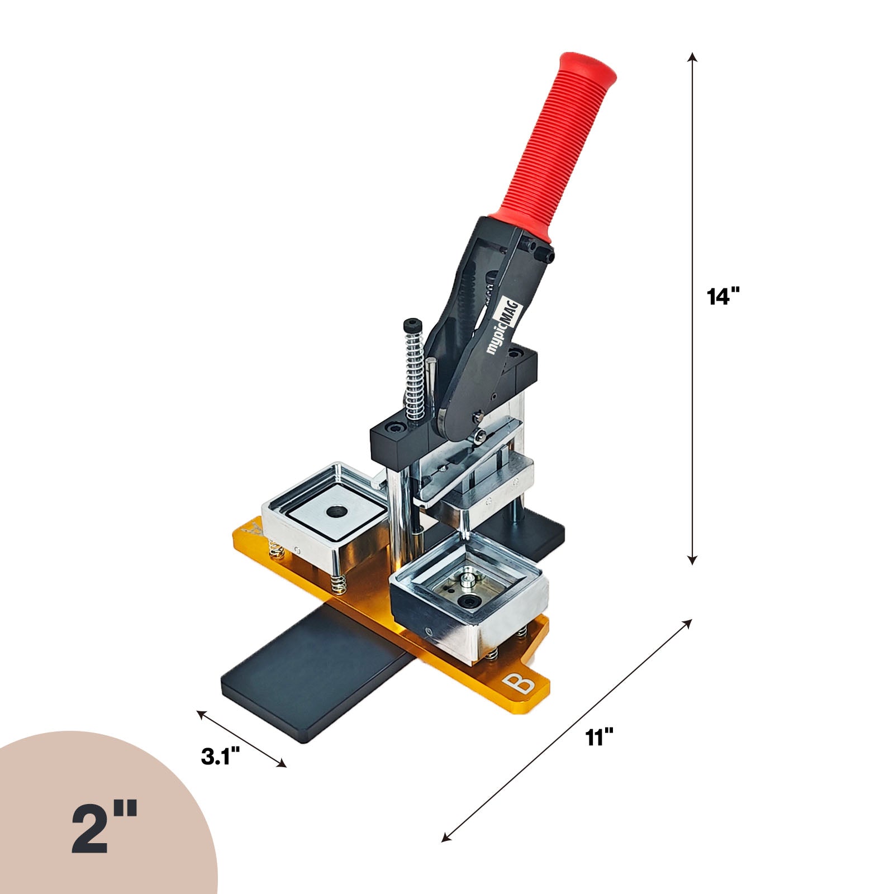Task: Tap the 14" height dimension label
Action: (x=724, y=296)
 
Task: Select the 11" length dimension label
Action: (x=600, y=738)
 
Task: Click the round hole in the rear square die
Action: (x=336, y=510)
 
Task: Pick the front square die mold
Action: (x=469, y=598)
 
